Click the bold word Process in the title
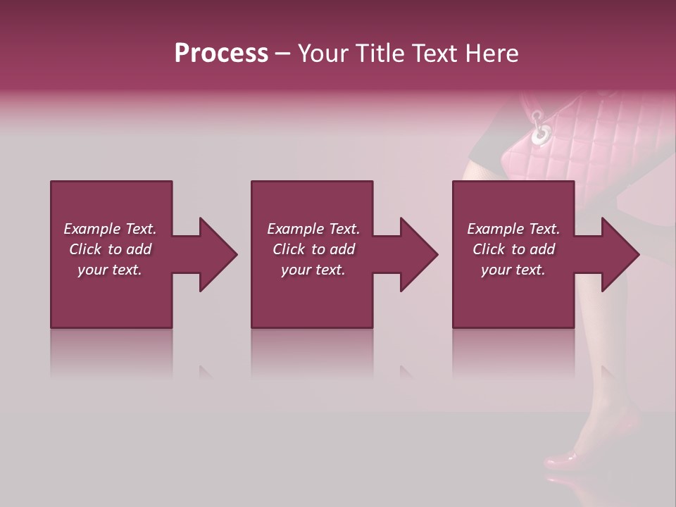[221, 54]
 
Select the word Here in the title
[492, 54]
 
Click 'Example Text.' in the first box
[110, 229]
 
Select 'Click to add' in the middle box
[313, 249]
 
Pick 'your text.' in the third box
[513, 270]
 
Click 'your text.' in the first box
[110, 270]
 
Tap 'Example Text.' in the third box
[513, 229]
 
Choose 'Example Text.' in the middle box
[313, 229]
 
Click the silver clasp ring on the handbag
[541, 133]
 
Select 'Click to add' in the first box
[110, 249]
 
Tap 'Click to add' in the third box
[513, 249]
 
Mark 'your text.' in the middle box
[313, 270]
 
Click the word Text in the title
[434, 54]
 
